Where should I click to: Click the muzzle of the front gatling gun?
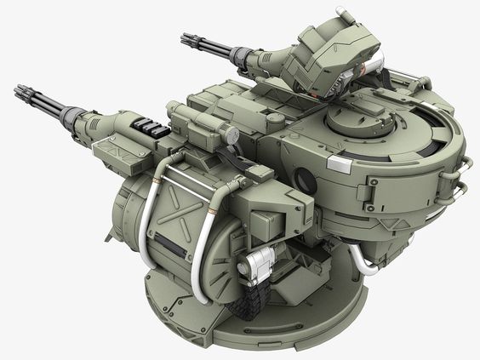pos(20,91)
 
